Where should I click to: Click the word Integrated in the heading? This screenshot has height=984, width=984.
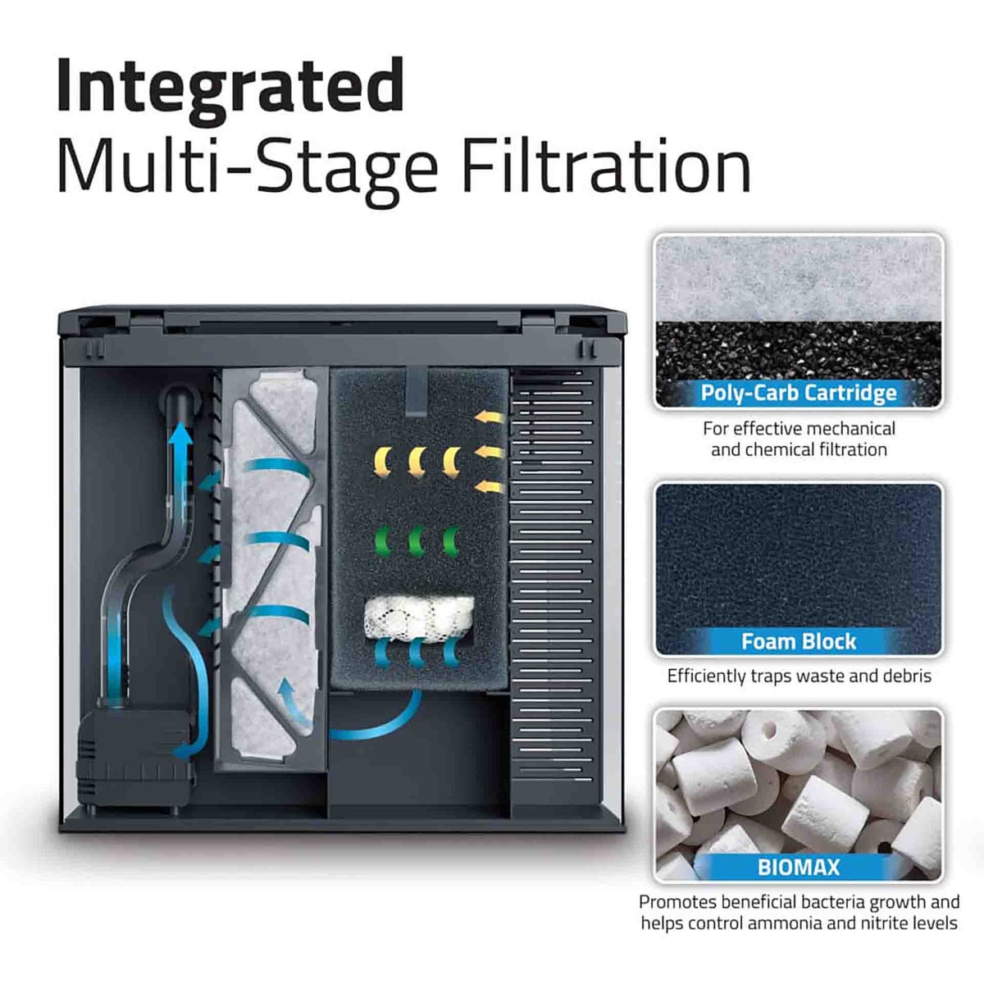click(230, 88)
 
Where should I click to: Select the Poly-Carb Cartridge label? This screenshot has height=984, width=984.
click(798, 393)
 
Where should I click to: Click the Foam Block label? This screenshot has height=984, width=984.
click(798, 641)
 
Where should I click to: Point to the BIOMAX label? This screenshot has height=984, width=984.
click(798, 867)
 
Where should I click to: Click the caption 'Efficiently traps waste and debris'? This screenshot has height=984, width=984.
click(799, 676)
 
